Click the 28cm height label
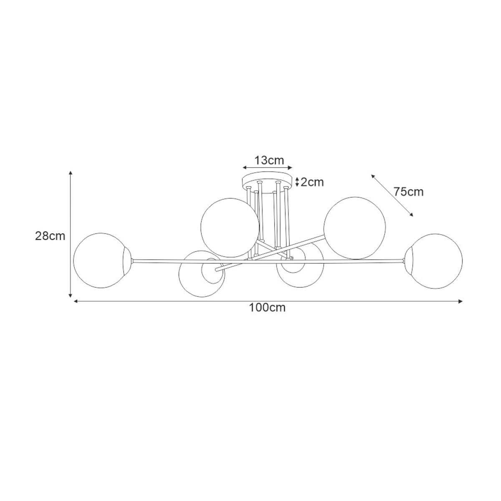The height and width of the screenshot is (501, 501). tap(50, 236)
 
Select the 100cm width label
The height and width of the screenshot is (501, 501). tap(267, 308)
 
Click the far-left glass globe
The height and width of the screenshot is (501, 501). tap(99, 260)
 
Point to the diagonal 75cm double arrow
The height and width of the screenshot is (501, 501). tap(392, 195)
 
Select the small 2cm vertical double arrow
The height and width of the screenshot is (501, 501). tap(297, 182)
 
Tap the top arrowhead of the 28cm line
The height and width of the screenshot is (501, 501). tap(71, 173)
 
